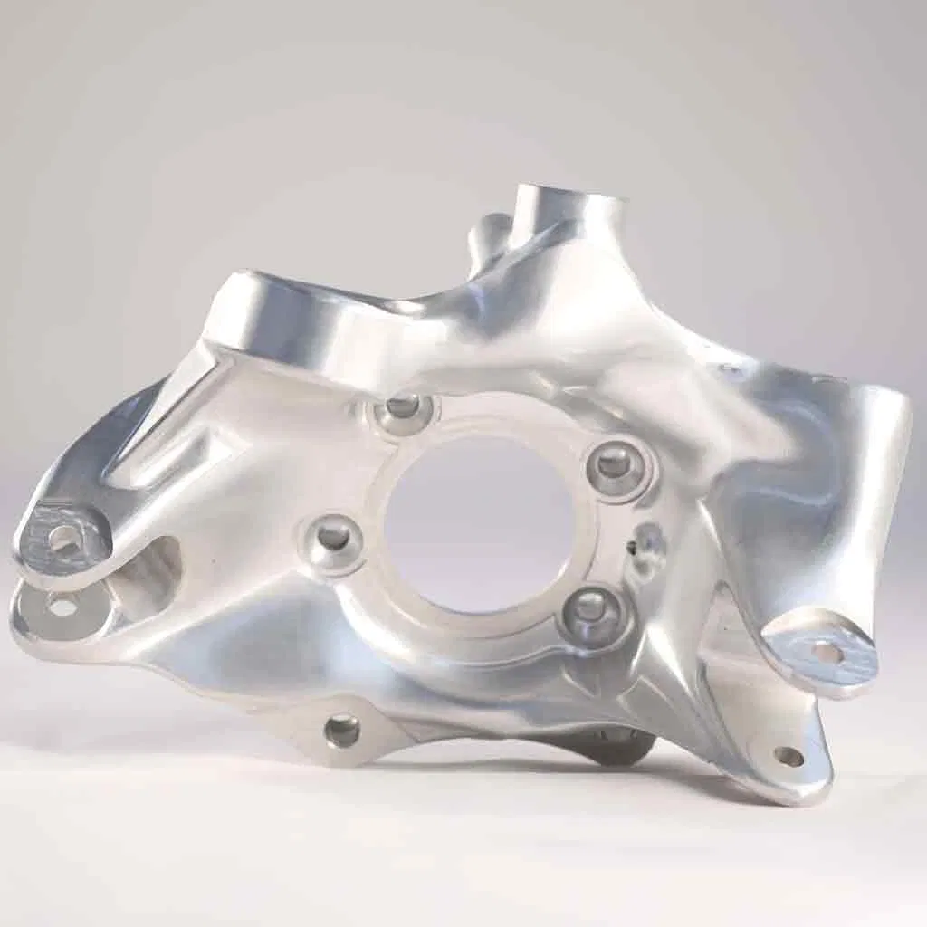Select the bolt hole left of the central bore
tap(334, 538)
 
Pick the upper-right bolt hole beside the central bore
tap(615, 463)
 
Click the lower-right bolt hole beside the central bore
tap(590, 607)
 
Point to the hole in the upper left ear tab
tap(63, 540)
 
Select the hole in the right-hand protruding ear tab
tap(826, 653)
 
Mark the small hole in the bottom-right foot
tap(788, 756)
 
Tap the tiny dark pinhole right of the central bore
tap(630, 546)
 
